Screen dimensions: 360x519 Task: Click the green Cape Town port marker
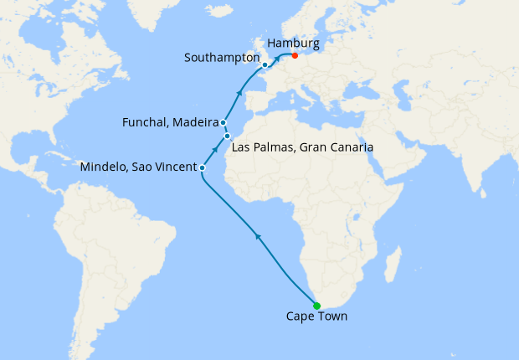[x=316, y=305]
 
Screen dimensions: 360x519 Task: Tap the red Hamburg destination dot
[x=295, y=56]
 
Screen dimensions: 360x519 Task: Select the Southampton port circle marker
[x=265, y=64]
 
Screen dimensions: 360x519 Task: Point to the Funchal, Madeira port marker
[x=224, y=122]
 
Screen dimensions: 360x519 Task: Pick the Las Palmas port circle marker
[x=227, y=136]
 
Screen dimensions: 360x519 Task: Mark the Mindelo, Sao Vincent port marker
[x=203, y=167]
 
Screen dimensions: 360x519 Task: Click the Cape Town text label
[x=316, y=316]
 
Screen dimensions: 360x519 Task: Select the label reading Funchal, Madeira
[x=172, y=123]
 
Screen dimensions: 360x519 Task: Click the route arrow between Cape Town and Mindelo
[x=259, y=238]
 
